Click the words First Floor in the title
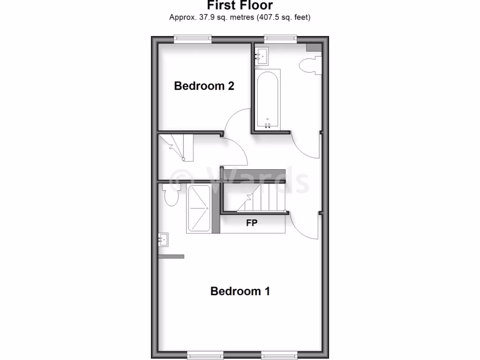point(240,5)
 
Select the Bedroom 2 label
point(204,86)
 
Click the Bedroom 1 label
point(240,291)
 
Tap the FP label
point(252,223)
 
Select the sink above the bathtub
point(261,56)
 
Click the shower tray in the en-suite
point(199,209)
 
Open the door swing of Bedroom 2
point(237,120)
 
